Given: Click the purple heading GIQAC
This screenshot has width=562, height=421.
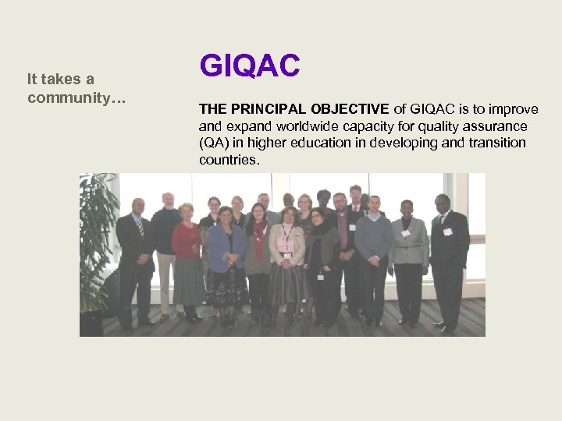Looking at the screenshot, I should point(250,65).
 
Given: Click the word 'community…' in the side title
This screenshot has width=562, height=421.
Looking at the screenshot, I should point(76,98).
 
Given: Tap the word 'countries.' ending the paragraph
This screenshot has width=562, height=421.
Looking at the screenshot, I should point(229,160).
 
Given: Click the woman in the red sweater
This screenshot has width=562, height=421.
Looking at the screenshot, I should point(187,249).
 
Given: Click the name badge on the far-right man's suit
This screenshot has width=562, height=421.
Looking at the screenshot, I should point(447,232).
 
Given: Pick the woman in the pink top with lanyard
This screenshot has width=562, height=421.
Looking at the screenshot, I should point(287,249).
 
